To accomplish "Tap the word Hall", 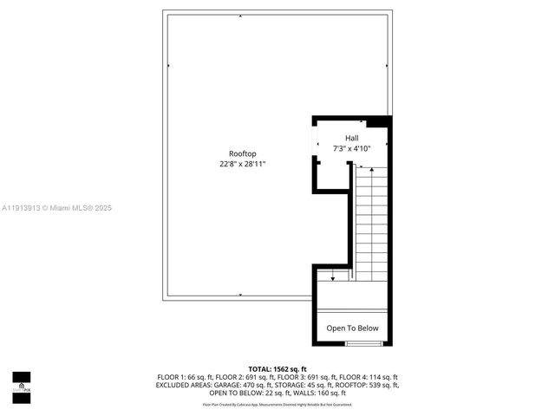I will coord(351,139).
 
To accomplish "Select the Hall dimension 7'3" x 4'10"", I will coord(351,148).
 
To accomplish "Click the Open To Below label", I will coord(352,328).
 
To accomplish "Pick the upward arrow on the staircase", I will coord(371,172).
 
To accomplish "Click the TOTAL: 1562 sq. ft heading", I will coord(277,369).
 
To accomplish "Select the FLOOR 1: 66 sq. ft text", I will coord(180,377).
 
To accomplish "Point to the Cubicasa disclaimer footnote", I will coord(277,405).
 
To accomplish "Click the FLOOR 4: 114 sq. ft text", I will coord(369,377).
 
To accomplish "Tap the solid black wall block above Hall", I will coord(379,122).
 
